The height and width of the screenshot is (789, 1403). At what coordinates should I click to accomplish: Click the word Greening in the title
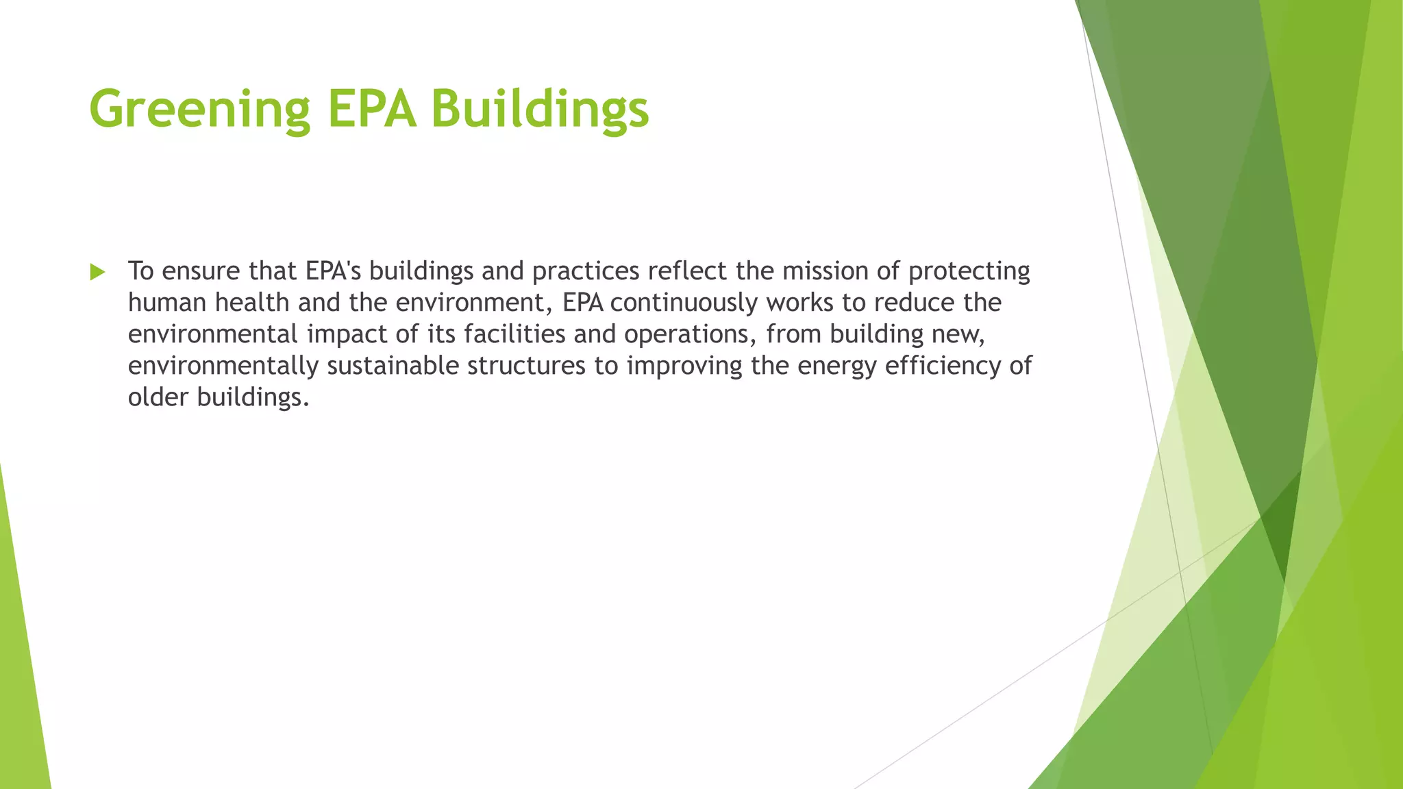point(199,110)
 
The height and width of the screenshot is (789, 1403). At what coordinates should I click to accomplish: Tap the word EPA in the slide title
point(371,110)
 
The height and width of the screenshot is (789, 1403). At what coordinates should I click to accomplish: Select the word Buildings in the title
point(540,110)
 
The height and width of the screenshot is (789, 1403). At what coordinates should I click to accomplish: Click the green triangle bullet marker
point(97,272)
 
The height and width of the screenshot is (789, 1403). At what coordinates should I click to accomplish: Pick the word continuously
point(683,303)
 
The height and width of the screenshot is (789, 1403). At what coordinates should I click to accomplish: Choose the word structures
point(526,366)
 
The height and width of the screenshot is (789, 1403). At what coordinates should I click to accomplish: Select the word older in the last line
point(158,397)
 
